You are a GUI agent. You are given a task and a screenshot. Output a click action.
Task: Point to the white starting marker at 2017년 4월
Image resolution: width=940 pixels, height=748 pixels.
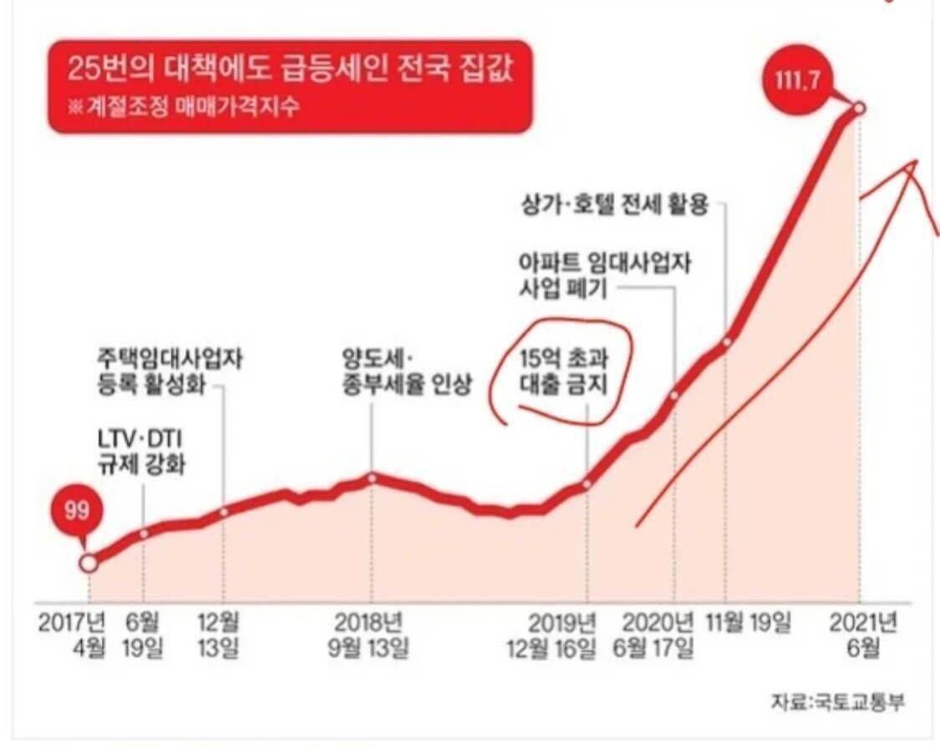tap(89, 564)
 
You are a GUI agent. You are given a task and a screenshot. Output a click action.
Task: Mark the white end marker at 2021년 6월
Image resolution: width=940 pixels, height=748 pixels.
tap(860, 108)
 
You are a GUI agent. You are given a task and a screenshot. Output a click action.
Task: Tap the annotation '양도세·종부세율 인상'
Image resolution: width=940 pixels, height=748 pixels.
tap(401, 372)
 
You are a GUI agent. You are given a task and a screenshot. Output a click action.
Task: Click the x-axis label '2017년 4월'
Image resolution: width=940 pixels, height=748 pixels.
tap(73, 635)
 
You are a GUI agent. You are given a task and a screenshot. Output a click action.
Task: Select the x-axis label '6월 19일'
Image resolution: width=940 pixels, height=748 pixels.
tap(144, 635)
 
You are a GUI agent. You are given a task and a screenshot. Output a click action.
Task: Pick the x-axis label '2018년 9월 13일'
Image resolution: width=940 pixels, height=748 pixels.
tap(368, 635)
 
